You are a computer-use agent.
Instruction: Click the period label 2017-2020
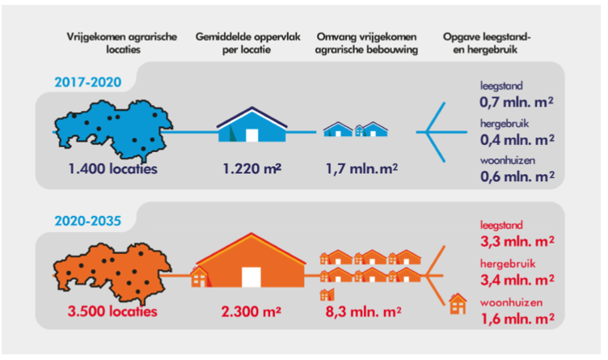[x=88, y=82]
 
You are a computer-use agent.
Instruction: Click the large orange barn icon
[x=251, y=260]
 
